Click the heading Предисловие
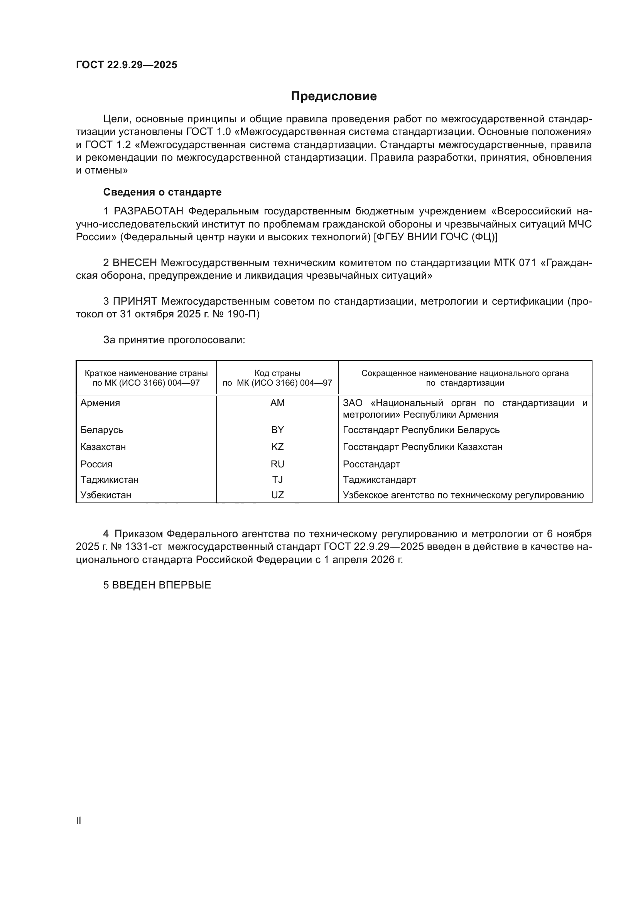[334, 96]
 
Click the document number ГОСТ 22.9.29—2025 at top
[127, 65]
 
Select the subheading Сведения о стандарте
[162, 192]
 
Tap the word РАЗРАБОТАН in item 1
[149, 211]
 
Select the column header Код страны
[277, 373]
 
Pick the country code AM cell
[277, 403]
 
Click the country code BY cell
[277, 430]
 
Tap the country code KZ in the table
[277, 447]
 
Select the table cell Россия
[96, 464]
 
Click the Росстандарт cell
[371, 464]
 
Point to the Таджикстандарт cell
[380, 480]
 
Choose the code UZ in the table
[277, 495]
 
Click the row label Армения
[100, 403]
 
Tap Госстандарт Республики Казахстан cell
[422, 447]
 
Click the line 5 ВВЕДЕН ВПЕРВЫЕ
[157, 585]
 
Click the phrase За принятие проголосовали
[174, 340]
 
